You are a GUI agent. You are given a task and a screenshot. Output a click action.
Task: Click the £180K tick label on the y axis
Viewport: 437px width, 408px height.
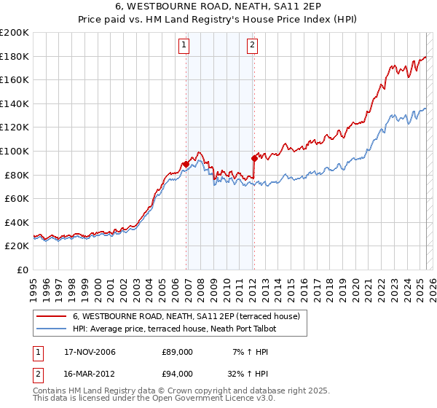pyautogui.click(x=15, y=56)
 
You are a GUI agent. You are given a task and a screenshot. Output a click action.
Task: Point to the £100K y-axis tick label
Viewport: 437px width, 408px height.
pyautogui.click(x=15, y=151)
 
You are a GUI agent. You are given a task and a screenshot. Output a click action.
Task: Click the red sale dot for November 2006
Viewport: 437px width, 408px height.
pyautogui.click(x=186, y=165)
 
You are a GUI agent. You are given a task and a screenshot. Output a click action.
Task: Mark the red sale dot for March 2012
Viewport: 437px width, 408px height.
pyautogui.click(x=254, y=157)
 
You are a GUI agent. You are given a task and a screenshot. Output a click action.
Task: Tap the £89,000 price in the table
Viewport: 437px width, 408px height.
pyautogui.click(x=177, y=352)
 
